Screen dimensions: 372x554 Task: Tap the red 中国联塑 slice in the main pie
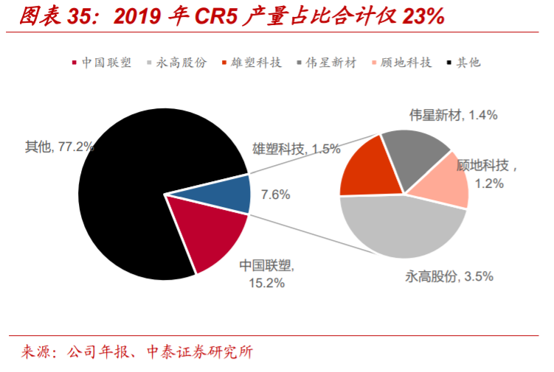tap(207, 236)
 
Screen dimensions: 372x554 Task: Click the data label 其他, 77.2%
tap(60, 147)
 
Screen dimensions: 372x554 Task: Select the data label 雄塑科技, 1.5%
tap(296, 149)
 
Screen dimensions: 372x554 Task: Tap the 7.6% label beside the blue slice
tap(276, 195)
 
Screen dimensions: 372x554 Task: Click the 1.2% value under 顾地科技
tap(488, 183)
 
